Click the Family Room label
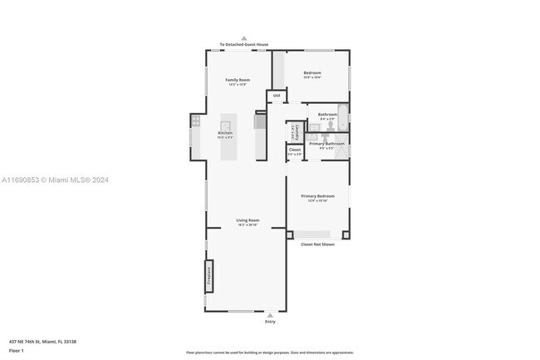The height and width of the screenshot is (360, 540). [238, 81]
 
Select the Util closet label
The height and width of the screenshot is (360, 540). [277, 96]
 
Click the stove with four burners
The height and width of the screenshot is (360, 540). [195, 120]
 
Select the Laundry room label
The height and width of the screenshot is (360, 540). [294, 131]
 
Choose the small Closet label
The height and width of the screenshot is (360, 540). [295, 150]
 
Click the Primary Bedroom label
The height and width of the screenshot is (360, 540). [318, 197]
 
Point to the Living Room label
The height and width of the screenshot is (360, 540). [248, 221]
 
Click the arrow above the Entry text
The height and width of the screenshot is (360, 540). [270, 315]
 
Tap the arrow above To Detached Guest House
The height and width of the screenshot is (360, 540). [244, 37]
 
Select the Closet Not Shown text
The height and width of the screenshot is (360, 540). [317, 244]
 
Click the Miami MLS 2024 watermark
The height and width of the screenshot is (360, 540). [55, 180]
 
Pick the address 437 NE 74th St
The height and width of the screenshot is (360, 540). [42, 342]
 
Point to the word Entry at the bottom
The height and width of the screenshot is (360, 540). [270, 322]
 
